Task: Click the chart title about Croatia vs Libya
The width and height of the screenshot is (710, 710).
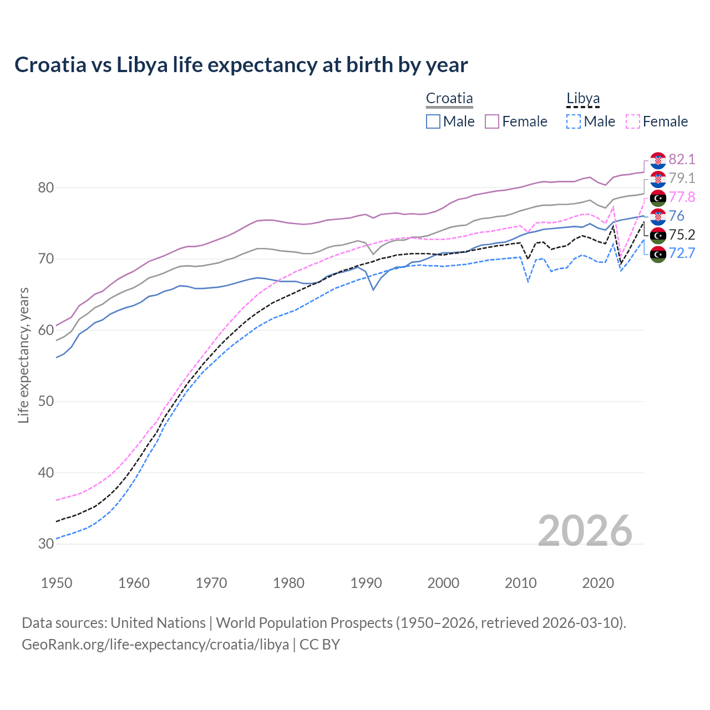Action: [241, 65]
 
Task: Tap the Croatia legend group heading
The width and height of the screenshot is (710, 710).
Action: [449, 99]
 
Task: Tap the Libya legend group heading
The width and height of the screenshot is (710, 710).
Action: [583, 99]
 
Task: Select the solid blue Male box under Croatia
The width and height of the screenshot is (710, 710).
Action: [433, 121]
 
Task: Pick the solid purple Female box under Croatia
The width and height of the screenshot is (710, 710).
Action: [492, 121]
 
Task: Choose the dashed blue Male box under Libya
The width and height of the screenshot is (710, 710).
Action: [574, 121]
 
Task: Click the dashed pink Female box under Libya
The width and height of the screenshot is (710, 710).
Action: [633, 121]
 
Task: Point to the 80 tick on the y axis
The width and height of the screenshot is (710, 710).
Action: [46, 187]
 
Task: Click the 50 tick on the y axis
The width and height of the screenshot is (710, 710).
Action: [46, 401]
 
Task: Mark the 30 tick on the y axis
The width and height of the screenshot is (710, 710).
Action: [46, 544]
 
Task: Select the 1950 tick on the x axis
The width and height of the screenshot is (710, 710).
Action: [57, 583]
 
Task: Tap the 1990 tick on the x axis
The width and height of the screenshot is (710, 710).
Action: [366, 583]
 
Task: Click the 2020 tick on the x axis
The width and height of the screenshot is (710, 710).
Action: [598, 583]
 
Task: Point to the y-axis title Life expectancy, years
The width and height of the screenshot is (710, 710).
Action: [23, 355]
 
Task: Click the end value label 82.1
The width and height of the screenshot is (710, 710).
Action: [682, 160]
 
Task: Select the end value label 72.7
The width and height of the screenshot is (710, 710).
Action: [682, 253]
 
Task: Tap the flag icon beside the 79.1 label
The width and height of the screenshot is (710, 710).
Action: [658, 179]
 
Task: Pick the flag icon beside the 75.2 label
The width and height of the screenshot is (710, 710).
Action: [658, 235]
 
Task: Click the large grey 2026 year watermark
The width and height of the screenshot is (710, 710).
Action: [585, 531]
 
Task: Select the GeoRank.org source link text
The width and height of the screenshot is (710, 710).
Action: [155, 645]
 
